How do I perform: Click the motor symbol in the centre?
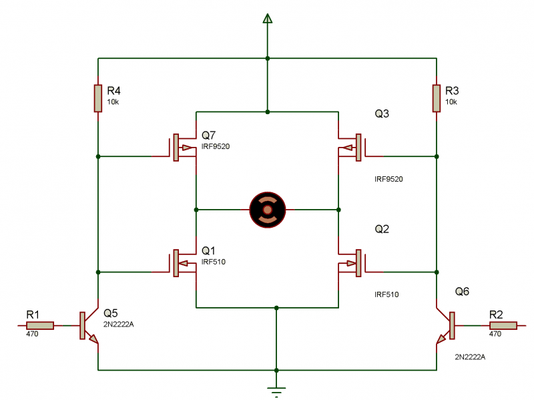tap(267, 210)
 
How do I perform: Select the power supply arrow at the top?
tap(268, 18)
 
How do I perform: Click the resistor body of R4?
tap(98, 97)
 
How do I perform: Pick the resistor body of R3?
tap(437, 97)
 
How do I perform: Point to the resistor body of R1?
tap(40, 325)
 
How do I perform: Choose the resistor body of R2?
tap(503, 325)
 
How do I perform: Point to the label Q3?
tap(382, 114)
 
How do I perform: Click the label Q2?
tap(382, 229)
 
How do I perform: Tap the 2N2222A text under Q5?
tap(118, 324)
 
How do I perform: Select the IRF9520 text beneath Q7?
tap(216, 146)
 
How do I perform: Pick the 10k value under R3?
tap(451, 102)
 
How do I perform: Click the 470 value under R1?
tap(32, 334)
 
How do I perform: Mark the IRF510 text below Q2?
tap(386, 294)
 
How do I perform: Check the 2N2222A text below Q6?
tap(470, 357)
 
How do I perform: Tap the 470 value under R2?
tap(495, 334)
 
